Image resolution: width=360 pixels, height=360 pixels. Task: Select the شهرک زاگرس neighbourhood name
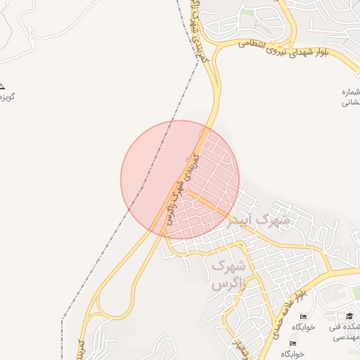[x=229, y=275]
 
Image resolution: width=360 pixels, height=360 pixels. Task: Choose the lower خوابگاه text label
[x=292, y=353]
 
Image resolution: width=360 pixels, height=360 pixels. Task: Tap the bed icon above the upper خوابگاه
[x=303, y=318]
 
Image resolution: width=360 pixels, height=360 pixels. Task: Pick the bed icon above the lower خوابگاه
[x=292, y=343]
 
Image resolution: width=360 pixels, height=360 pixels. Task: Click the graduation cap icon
[x=349, y=316]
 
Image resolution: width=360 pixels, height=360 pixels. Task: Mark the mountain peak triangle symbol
[x=1, y=84]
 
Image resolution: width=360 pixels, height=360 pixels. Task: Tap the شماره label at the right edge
[x=351, y=92]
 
